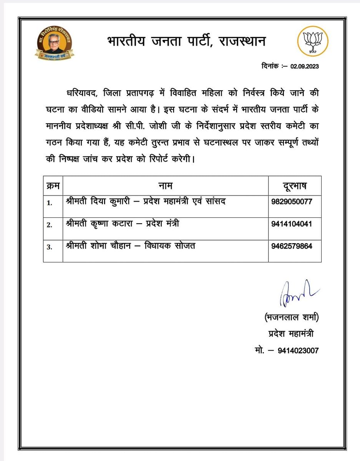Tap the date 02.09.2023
(305, 66)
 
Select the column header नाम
(166, 186)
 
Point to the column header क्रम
(53, 186)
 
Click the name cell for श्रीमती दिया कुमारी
(146, 202)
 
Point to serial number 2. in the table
(49, 225)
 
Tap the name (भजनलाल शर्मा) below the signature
(292, 318)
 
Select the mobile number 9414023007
(299, 350)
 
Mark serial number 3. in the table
(49, 247)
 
